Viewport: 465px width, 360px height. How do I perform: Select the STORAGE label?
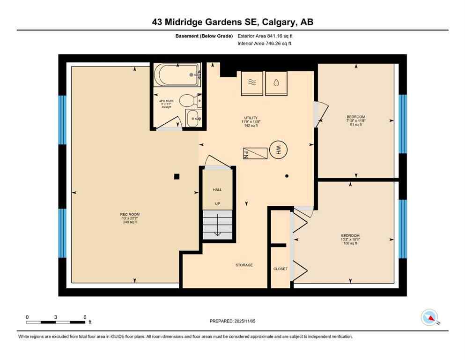click(x=244, y=265)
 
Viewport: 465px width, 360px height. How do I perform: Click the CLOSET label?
click(x=280, y=269)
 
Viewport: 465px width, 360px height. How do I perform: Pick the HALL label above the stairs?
click(x=217, y=190)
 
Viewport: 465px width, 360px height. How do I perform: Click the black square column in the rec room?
click(x=177, y=177)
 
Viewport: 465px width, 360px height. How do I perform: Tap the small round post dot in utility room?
click(x=287, y=176)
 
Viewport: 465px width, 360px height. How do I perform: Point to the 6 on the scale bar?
click(x=85, y=317)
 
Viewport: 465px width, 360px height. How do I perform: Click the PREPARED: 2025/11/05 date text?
click(x=233, y=321)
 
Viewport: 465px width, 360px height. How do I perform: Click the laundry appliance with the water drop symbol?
click(x=277, y=82)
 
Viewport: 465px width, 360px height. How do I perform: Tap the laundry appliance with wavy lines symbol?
click(x=252, y=82)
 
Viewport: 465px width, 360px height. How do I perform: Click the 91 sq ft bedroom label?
click(x=356, y=124)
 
